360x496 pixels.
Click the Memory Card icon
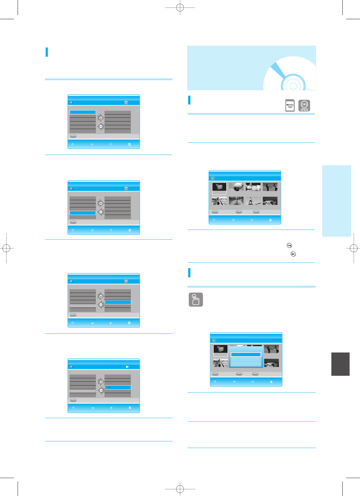coord(290,106)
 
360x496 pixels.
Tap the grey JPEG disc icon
coord(304,105)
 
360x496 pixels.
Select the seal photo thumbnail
coord(236,187)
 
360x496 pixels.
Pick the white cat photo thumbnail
coord(253,187)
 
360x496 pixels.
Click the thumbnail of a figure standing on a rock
coord(253,201)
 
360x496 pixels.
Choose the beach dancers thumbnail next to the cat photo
coord(270,187)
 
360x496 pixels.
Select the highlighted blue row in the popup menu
coord(246,354)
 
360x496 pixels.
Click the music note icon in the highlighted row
coord(108,387)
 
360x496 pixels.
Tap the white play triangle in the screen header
coord(127,367)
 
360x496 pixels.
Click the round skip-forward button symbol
coord(289,245)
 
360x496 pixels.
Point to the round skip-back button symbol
coord(293,254)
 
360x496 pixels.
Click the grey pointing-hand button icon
coord(196,300)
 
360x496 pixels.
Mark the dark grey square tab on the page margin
coord(340,364)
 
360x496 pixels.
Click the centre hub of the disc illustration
coord(293,86)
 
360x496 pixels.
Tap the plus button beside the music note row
coord(101,382)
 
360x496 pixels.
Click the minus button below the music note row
coord(101,391)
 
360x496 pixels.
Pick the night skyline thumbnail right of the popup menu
coord(271,363)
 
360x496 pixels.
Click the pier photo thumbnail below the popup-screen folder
coord(220,363)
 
